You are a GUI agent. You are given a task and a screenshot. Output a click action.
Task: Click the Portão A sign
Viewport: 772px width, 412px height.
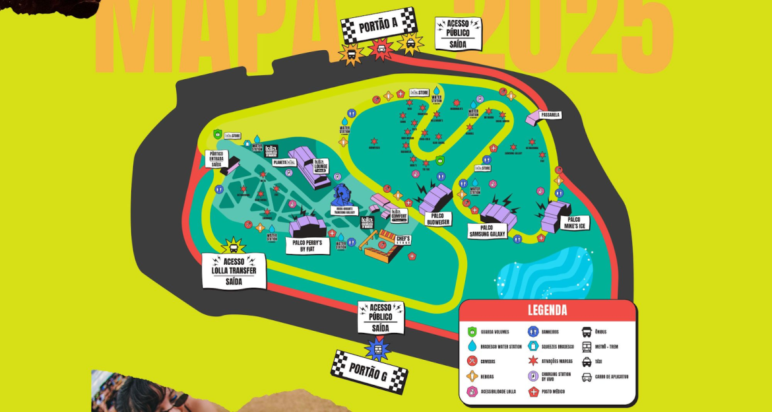tap(379, 25)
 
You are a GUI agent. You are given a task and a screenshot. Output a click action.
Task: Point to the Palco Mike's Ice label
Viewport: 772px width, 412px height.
tap(573, 222)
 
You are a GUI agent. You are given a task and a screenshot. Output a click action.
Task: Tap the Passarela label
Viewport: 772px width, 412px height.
tap(550, 114)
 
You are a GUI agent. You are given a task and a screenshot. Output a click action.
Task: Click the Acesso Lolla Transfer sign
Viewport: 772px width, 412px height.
tap(234, 270)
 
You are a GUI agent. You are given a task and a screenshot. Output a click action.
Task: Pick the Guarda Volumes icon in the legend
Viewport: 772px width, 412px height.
tap(472, 331)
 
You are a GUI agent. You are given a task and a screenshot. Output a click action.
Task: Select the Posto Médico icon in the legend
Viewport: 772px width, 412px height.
tap(532, 392)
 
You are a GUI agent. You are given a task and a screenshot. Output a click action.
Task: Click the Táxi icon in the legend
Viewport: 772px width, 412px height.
tap(587, 362)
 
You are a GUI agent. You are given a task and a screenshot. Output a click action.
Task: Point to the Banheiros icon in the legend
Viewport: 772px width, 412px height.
tap(532, 331)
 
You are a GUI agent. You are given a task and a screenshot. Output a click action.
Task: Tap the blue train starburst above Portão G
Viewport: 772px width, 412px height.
tap(378, 347)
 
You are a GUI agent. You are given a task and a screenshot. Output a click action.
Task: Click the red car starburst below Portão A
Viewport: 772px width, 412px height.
tap(380, 48)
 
